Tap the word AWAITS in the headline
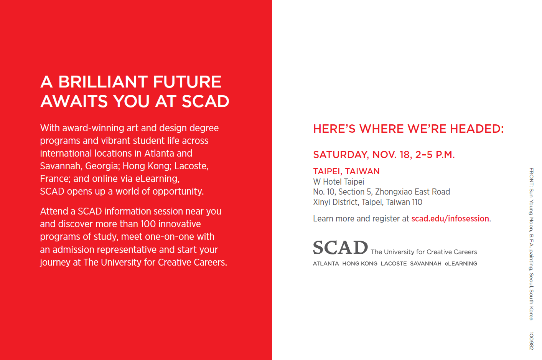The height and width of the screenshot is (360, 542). pyautogui.click(x=74, y=101)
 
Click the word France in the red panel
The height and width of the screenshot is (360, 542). pyautogui.click(x=55, y=179)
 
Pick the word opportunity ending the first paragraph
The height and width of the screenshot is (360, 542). pyautogui.click(x=178, y=192)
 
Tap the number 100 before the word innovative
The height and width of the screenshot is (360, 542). pyautogui.click(x=148, y=224)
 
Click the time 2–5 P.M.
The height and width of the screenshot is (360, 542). pyautogui.click(x=435, y=155)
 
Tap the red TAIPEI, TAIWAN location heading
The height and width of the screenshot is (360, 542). pyautogui.click(x=346, y=172)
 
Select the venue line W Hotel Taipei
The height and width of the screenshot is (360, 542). pyautogui.click(x=338, y=182)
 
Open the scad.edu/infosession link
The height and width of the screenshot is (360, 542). pyautogui.click(x=450, y=219)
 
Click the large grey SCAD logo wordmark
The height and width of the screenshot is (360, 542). pyautogui.click(x=341, y=248)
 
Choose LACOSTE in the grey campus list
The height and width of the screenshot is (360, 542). pyautogui.click(x=394, y=264)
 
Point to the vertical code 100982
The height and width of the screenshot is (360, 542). pyautogui.click(x=531, y=341)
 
